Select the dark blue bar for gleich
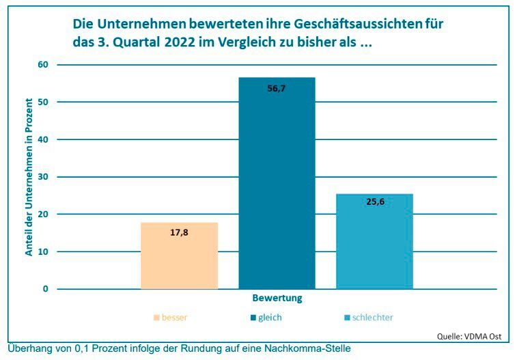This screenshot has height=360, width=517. pos(277,184)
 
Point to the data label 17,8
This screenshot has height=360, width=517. pos(179,232)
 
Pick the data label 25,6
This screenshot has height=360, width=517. pos(375,202)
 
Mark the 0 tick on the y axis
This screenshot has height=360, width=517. pos(46,288)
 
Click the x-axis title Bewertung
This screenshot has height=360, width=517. pos(277,299)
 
